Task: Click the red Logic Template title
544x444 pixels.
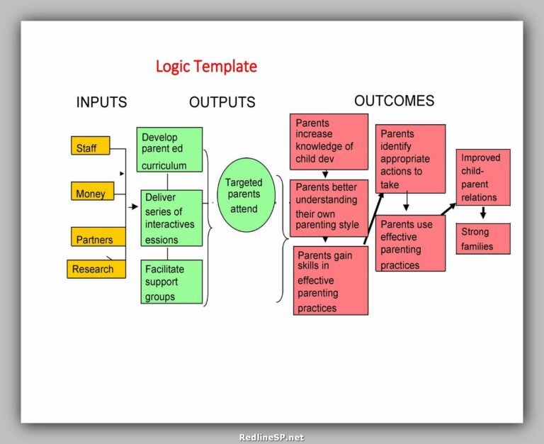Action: (206, 67)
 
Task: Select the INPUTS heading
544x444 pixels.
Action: (101, 102)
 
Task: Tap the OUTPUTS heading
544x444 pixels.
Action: (222, 102)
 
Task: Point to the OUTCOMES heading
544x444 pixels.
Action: (394, 101)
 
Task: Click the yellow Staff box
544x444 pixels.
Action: (90, 146)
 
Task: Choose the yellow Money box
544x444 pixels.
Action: (92, 192)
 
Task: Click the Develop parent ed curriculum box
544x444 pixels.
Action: (169, 150)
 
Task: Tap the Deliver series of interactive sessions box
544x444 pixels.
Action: (171, 218)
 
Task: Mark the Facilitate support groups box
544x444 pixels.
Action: (171, 282)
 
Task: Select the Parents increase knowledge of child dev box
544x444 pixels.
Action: (329, 140)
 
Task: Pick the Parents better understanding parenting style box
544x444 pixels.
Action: (329, 207)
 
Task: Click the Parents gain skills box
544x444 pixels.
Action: (330, 281)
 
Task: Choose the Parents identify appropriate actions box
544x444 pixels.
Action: (410, 159)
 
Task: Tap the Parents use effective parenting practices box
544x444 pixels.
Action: (410, 243)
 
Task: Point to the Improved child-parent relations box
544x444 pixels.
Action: (483, 177)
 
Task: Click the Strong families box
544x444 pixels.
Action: (483, 239)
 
